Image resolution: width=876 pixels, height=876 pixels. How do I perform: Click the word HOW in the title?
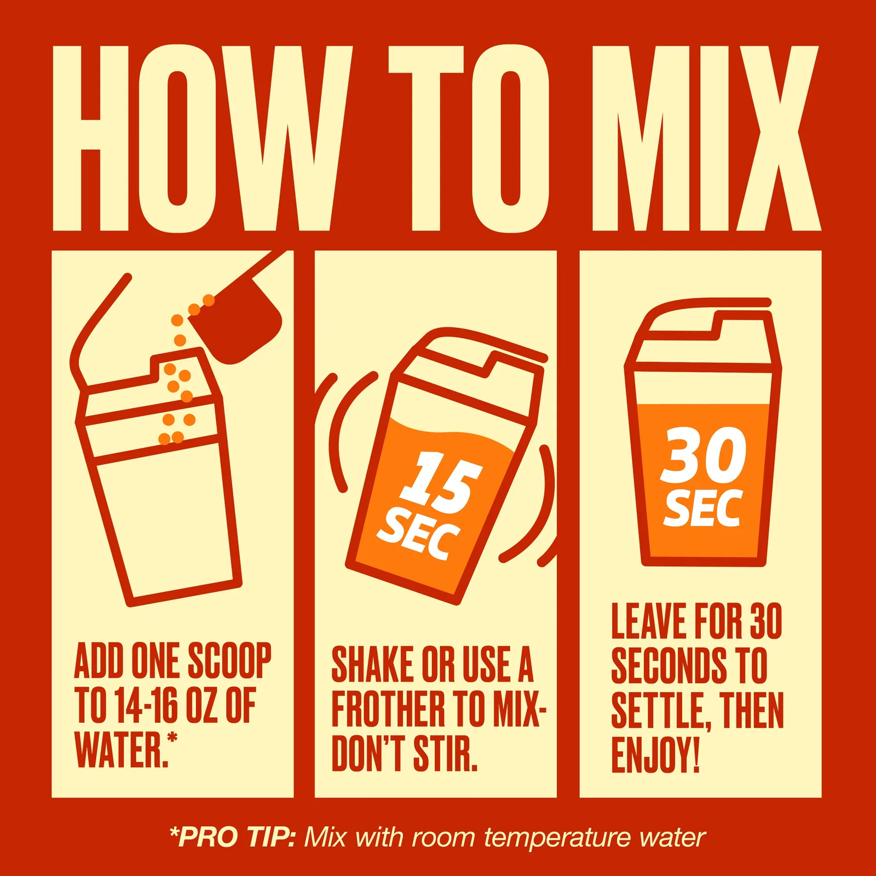click(x=203, y=137)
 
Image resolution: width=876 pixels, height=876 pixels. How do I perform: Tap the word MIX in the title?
click(x=706, y=137)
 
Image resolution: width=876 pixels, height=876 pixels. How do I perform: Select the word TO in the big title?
click(x=469, y=137)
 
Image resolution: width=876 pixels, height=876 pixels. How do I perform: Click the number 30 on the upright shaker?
click(x=703, y=456)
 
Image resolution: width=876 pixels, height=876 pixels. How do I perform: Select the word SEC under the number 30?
click(x=703, y=508)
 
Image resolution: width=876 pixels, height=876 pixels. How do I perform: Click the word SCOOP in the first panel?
click(x=229, y=661)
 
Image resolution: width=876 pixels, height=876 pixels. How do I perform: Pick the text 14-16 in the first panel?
click(x=147, y=706)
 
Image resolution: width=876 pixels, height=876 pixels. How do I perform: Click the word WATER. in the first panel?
click(x=122, y=750)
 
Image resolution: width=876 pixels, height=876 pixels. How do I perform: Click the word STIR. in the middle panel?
click(x=445, y=753)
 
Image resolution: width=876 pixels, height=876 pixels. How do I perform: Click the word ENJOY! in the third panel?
click(x=655, y=755)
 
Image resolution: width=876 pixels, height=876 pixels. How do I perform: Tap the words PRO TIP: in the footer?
click(x=233, y=838)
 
